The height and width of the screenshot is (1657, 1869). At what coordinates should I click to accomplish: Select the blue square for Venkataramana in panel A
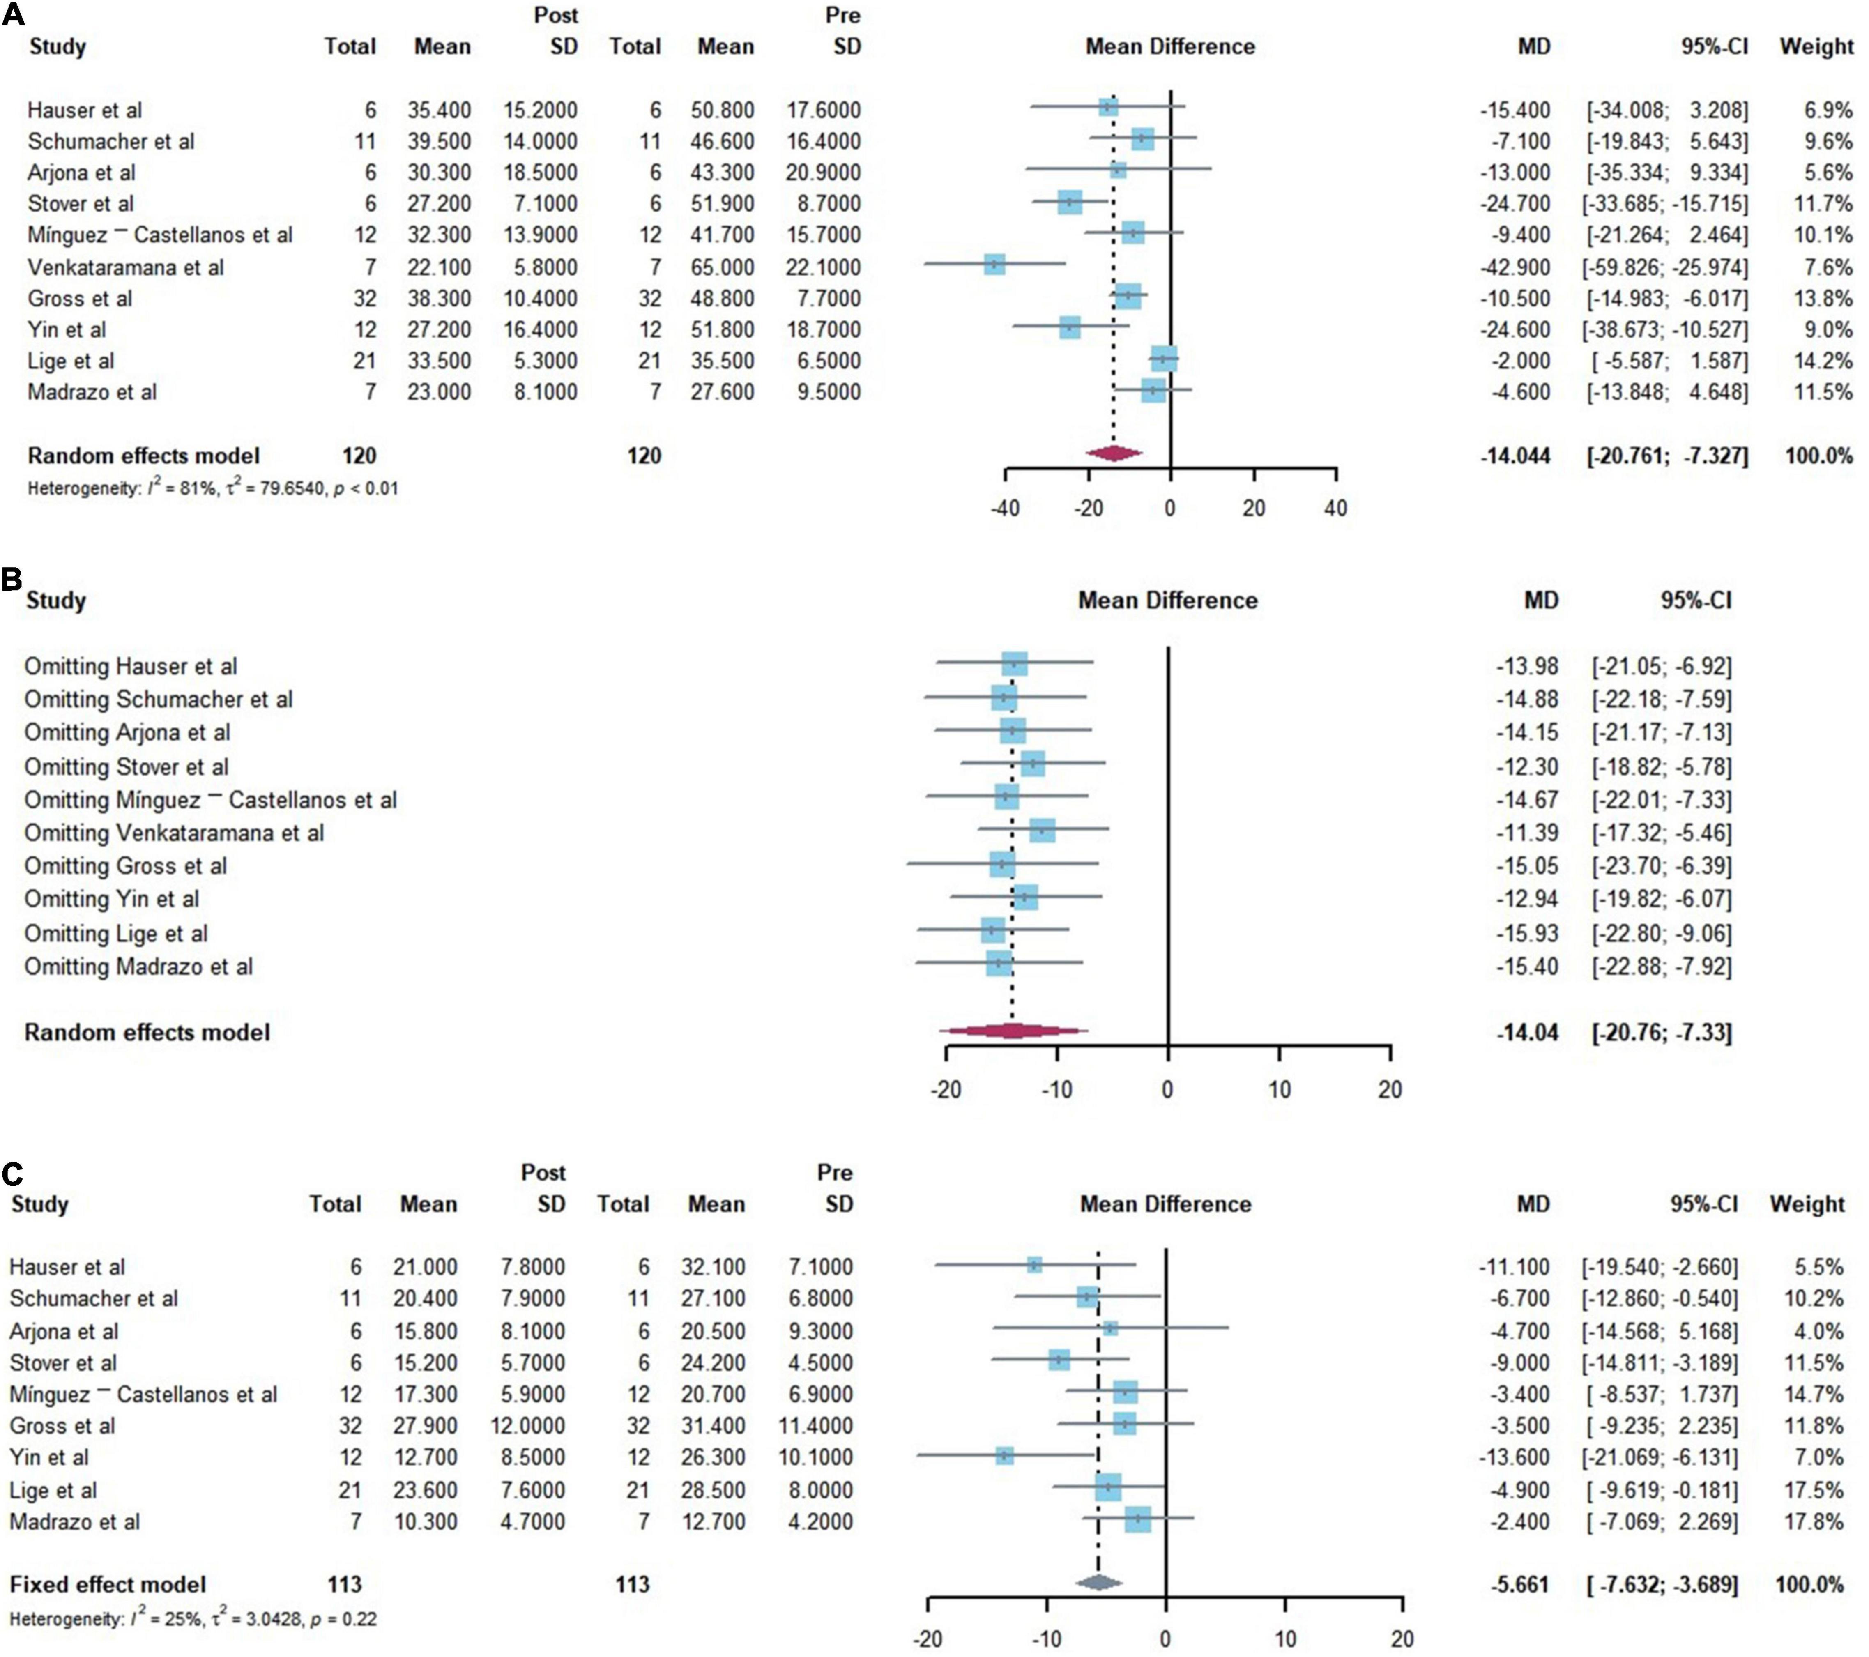pos(995,265)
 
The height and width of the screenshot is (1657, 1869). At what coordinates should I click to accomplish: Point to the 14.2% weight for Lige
pos(1822,360)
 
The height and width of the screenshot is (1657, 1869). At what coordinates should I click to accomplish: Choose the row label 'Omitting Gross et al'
pos(125,866)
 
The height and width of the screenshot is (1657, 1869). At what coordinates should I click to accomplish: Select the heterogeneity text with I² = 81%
pos(212,488)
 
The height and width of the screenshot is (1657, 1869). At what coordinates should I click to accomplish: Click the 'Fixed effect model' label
pos(108,1584)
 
